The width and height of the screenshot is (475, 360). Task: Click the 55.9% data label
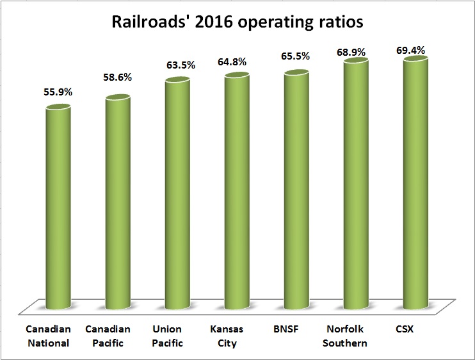coord(58,92)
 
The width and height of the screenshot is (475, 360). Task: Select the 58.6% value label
coord(118,84)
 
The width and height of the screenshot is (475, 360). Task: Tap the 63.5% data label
coord(177,67)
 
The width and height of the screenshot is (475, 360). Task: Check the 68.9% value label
coord(356,49)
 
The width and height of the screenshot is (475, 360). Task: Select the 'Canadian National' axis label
coord(47,336)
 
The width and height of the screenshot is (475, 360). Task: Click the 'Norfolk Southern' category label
coord(346,336)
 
